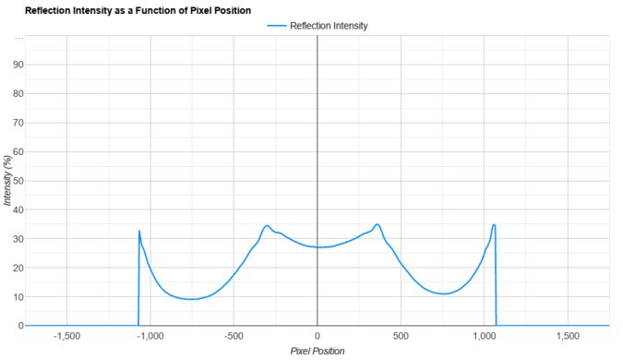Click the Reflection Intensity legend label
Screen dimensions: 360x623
(x=329, y=26)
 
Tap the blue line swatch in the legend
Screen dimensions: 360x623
(x=276, y=26)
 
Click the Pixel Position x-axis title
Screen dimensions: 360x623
(x=317, y=352)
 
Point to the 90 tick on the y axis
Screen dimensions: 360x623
(x=17, y=65)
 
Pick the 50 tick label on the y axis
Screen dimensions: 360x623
(x=17, y=181)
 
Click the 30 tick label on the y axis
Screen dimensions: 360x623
(x=17, y=239)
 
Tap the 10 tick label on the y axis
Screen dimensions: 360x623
(x=17, y=297)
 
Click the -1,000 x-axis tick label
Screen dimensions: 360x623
(x=150, y=337)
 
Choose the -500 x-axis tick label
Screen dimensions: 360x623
(x=234, y=337)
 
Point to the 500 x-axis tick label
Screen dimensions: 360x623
(x=401, y=337)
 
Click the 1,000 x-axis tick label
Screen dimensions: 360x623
(x=485, y=337)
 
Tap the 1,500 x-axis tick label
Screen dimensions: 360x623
(x=568, y=337)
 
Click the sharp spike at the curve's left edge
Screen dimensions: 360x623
(x=139, y=231)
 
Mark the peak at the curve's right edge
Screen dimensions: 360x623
(x=494, y=224)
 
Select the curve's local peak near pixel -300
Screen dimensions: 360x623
(x=267, y=225)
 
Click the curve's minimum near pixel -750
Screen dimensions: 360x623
(x=192, y=299)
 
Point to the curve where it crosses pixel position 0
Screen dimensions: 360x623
(x=317, y=247)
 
